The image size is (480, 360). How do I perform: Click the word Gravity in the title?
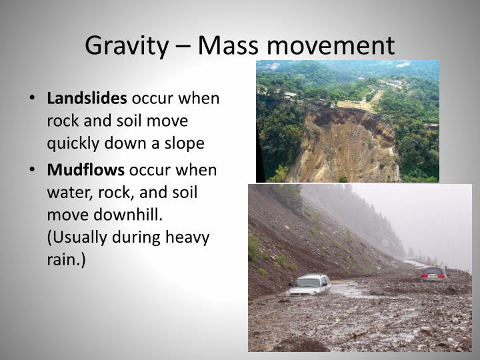tap(125, 45)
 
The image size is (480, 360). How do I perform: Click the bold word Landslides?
tap(87, 99)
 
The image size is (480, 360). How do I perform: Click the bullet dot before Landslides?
tap(33, 99)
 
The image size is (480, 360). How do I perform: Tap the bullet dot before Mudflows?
tap(33, 170)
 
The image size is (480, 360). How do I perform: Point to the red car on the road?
tap(434, 273)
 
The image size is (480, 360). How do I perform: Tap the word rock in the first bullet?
tap(61, 121)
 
